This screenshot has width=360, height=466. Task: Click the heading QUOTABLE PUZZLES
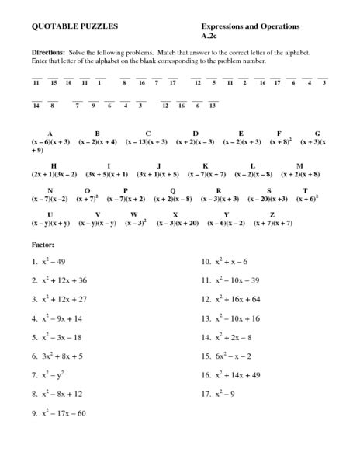click(x=64, y=26)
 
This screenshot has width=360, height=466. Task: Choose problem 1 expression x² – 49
click(x=57, y=262)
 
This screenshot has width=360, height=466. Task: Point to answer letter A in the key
click(x=49, y=134)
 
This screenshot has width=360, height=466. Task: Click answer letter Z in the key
click(x=272, y=214)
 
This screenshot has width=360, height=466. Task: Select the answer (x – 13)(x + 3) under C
click(x=147, y=143)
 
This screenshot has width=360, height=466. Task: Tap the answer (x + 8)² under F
click(x=279, y=143)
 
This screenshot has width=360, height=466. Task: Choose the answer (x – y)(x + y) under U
click(x=51, y=224)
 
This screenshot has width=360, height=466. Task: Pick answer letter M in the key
click(x=299, y=166)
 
